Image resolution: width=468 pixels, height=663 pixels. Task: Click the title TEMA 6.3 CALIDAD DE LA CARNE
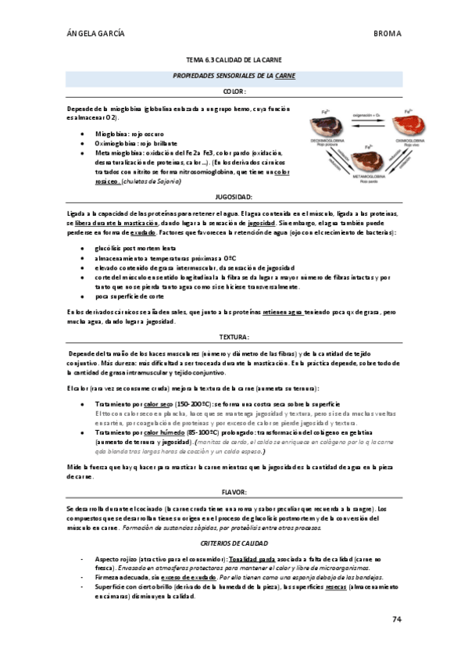tap(234, 60)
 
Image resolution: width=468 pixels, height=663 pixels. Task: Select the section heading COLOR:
tap(234, 91)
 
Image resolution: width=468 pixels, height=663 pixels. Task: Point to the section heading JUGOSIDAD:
tap(234, 198)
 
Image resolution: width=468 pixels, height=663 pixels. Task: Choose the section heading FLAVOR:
tap(234, 492)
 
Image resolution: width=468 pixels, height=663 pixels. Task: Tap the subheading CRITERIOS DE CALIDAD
tap(234, 543)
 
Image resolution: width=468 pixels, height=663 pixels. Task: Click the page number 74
tap(397, 619)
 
